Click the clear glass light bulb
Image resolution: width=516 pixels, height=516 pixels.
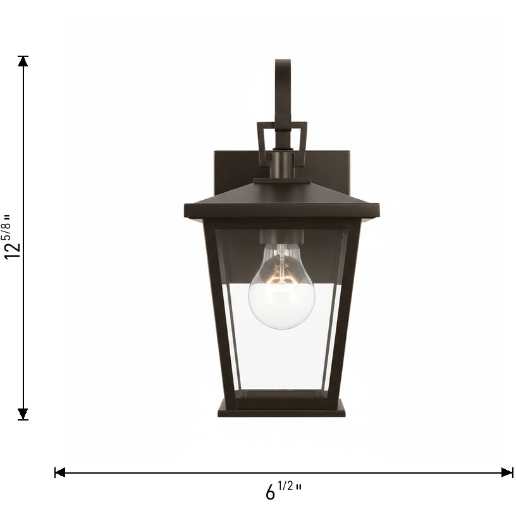281,297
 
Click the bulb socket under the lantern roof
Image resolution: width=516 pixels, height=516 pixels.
281,238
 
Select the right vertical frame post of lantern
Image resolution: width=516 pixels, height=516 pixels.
350,310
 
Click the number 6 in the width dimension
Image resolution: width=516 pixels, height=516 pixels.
271,492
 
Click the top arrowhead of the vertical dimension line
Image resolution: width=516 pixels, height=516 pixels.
23,61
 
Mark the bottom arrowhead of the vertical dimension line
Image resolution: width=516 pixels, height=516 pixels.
23,414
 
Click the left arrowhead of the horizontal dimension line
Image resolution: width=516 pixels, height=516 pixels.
60,472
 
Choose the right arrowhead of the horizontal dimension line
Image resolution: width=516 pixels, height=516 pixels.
507,472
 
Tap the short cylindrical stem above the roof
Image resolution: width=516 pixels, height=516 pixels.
281,166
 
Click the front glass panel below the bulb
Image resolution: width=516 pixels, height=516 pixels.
281,360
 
